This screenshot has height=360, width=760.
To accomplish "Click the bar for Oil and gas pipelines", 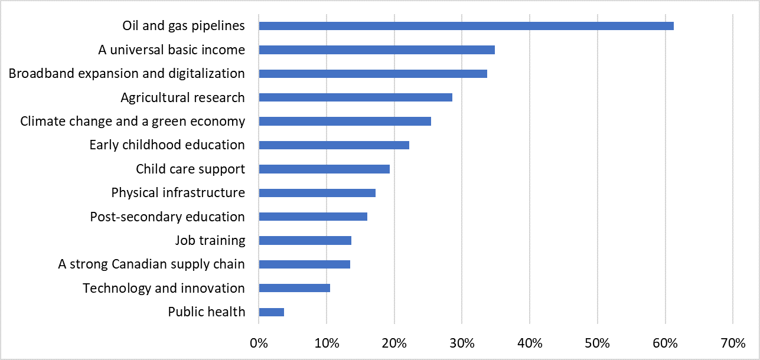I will tap(466, 26).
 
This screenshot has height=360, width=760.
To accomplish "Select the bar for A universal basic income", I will tap(377, 50).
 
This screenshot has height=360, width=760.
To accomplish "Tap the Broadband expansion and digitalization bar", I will tap(373, 74).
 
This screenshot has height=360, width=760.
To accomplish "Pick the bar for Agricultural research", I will tap(355, 97).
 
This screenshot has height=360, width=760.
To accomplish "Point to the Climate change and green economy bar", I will tap(345, 122).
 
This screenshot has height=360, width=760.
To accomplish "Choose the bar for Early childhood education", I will tap(334, 145).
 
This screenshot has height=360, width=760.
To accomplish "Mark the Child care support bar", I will tap(324, 169).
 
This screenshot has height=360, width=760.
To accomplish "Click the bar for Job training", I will tap(305, 240).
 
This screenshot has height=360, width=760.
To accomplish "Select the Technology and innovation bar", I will tap(294, 288).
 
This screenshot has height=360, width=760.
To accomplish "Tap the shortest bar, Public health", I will tap(271, 312).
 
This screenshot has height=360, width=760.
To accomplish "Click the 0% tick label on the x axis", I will tap(259, 343).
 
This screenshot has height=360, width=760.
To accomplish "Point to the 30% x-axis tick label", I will tap(462, 343).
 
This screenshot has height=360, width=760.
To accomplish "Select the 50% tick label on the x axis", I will tap(598, 343).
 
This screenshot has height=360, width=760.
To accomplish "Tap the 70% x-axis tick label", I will tap(733, 343).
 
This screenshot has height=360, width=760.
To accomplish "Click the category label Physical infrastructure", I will tap(178, 193).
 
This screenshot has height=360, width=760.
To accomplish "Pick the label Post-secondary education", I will tap(167, 217).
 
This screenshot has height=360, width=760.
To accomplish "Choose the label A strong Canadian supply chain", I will tap(151, 264).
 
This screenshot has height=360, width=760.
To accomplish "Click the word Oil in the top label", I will tap(131, 26).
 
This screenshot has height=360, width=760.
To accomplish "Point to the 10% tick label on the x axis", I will tap(327, 343).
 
